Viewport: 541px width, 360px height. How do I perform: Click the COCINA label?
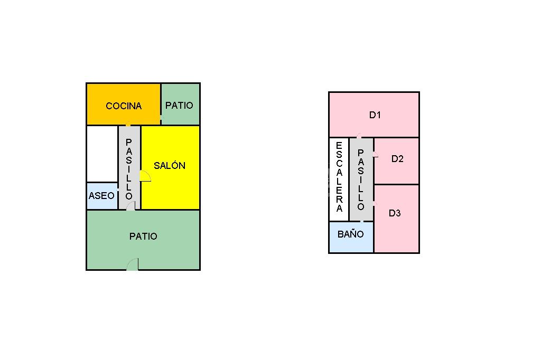click(x=124, y=106)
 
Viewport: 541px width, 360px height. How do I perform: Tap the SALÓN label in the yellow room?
click(x=170, y=165)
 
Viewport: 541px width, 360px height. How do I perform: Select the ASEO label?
click(x=101, y=195)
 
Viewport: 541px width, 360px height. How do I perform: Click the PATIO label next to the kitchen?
click(x=179, y=105)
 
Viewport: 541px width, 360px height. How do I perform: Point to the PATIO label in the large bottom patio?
click(x=143, y=236)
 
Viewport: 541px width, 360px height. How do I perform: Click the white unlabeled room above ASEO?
click(x=102, y=154)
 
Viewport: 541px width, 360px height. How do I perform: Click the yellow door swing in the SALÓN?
click(x=145, y=176)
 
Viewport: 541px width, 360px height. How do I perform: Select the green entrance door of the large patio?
click(x=133, y=264)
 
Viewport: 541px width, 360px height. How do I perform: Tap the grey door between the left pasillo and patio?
click(x=130, y=205)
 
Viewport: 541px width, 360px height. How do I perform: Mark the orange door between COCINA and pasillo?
click(x=128, y=125)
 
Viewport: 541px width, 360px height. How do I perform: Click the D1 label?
click(x=375, y=115)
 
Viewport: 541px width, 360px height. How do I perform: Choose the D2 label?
click(x=397, y=158)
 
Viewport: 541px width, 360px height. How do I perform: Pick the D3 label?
click(x=395, y=213)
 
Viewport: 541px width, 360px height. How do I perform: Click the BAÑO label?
click(x=351, y=233)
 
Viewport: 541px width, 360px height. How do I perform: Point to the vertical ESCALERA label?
click(x=339, y=177)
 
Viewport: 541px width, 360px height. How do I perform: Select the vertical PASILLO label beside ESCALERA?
click(x=361, y=179)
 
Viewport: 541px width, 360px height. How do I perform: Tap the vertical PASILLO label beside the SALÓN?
click(x=129, y=169)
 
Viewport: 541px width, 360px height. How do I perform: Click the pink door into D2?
click(x=375, y=155)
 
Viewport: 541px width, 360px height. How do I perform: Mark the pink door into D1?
click(x=359, y=136)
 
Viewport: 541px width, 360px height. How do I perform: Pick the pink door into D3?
click(x=375, y=203)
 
